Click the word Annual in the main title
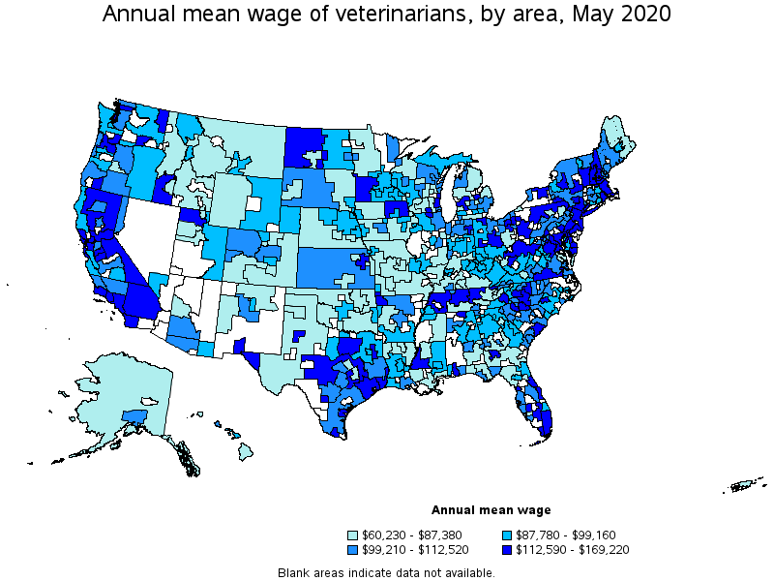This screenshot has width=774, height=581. point(136,15)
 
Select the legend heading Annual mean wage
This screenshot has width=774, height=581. point(491,510)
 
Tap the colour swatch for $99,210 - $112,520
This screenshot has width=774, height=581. point(354,550)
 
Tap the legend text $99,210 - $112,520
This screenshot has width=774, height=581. point(415,550)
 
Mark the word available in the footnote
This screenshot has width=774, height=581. point(468,572)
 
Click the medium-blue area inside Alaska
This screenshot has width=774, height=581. point(134,416)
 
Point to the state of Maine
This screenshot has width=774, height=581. point(611,136)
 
